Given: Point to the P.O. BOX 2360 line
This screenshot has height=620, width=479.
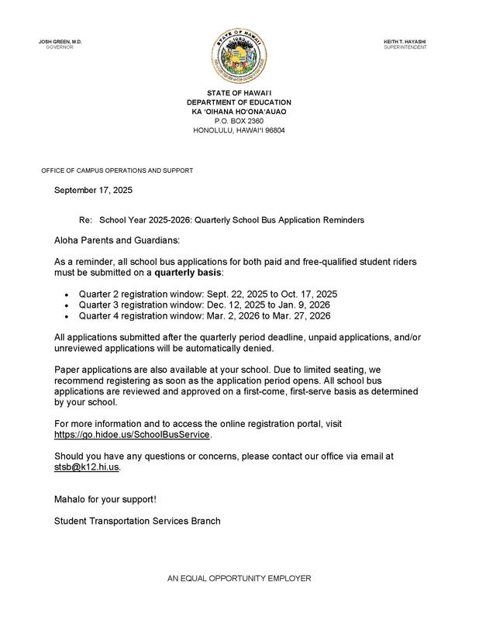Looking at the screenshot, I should (239, 121).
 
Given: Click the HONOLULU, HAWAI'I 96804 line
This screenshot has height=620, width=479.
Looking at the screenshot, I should (239, 130).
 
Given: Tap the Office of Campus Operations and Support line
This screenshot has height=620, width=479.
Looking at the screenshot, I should (117, 170).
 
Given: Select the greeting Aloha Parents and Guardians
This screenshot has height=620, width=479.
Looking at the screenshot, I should (117, 242).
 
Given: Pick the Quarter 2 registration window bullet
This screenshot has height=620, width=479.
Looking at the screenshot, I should (208, 295).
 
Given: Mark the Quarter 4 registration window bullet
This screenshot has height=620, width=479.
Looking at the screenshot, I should (205, 315).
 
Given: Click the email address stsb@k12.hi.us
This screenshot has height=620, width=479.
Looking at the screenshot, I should (87, 467).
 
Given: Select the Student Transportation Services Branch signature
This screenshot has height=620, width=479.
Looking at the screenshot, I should (137, 521).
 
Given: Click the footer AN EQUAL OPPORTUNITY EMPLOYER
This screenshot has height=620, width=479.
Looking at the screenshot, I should (239, 579).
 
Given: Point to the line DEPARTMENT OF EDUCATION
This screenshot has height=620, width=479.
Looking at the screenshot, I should (239, 103).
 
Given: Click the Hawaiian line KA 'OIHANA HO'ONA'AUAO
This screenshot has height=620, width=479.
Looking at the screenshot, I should (239, 112).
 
